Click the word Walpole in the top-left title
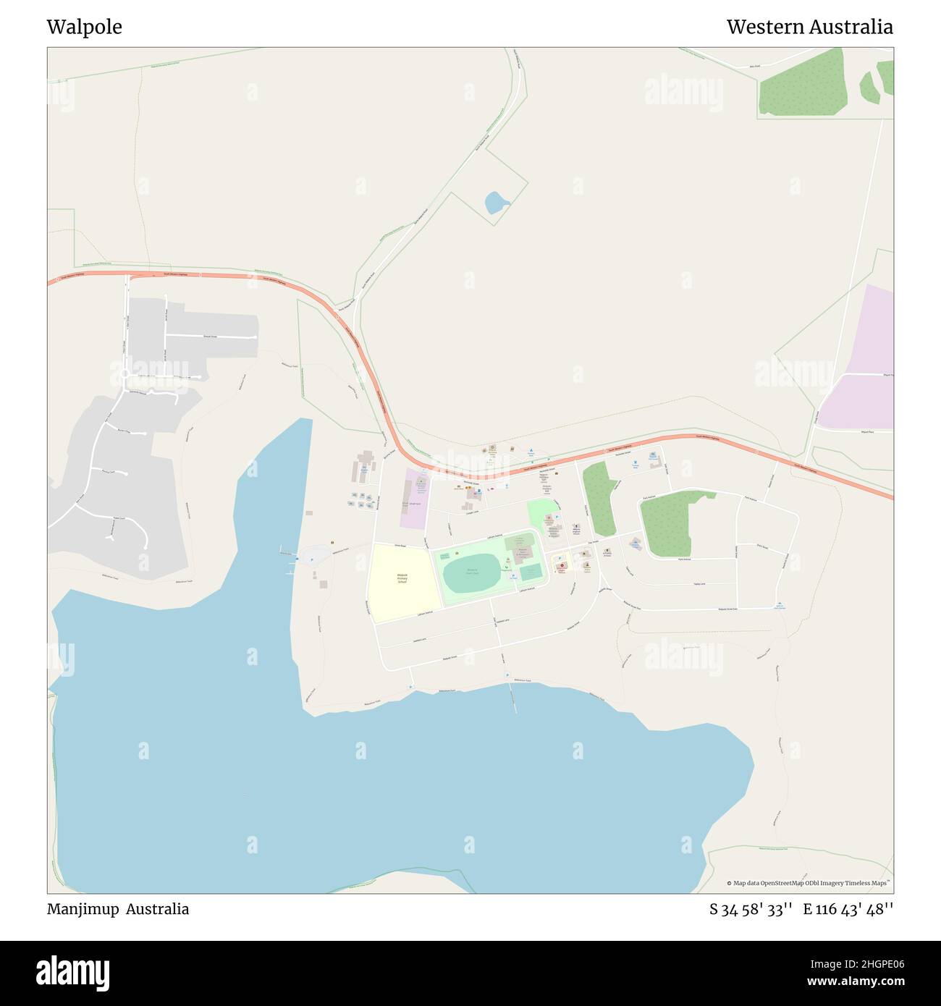(x=84, y=28)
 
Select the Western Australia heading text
(x=809, y=28)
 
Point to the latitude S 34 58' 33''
(x=751, y=910)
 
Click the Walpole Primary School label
(x=402, y=579)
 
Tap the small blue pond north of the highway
(x=496, y=202)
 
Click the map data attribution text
(x=809, y=883)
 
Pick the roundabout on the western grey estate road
(x=125, y=373)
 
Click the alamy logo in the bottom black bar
(x=73, y=973)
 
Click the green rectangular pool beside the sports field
(x=531, y=572)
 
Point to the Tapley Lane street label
(x=699, y=583)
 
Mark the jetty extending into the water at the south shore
(x=512, y=698)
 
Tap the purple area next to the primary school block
(x=413, y=499)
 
